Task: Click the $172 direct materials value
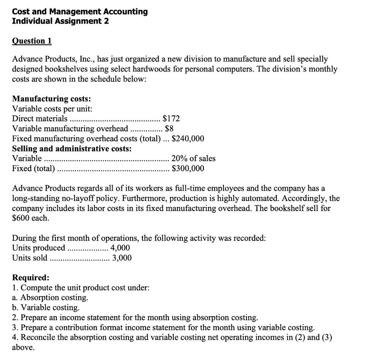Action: coord(171,118)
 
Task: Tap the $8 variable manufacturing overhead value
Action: coord(169,129)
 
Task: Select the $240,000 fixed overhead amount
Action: coord(188,139)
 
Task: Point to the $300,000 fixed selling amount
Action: coord(188,169)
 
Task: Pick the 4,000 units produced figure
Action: coord(120,248)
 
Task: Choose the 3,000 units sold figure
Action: coord(121,258)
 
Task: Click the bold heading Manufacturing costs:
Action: coord(52,98)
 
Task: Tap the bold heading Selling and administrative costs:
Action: coord(72,149)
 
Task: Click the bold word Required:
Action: coord(30,277)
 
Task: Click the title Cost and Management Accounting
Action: coord(80,11)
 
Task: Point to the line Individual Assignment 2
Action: coord(61,21)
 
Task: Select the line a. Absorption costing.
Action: coord(50,297)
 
